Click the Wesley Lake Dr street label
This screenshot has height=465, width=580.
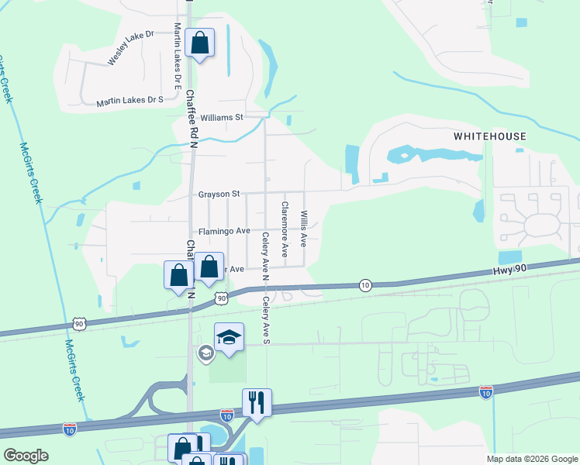[131, 47]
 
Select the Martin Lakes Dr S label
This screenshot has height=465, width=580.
[130, 101]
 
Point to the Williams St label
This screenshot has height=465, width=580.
[222, 118]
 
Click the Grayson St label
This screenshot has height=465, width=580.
[219, 194]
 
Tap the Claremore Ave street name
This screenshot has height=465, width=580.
[285, 229]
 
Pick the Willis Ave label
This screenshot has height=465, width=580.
[304, 229]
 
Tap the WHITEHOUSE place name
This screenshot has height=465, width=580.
[490, 136]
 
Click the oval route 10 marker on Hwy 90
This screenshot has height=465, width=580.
[364, 285]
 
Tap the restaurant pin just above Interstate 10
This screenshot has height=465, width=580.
[257, 403]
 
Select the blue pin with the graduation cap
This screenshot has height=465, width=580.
[229, 338]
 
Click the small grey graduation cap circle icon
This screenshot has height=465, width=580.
[205, 353]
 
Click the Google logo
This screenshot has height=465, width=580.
[26, 456]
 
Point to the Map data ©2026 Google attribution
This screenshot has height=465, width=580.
[531, 459]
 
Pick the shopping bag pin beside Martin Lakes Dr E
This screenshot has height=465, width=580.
[199, 44]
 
